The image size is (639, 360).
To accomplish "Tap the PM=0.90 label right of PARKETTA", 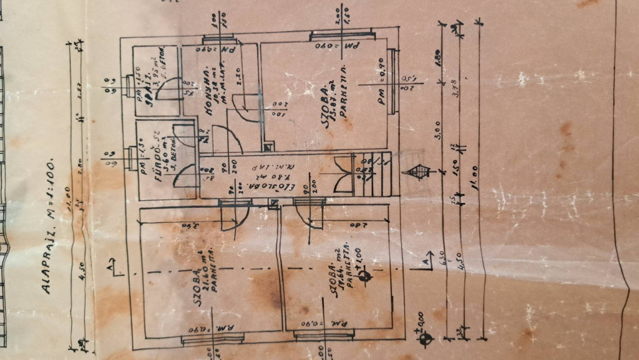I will pos(383,81).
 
